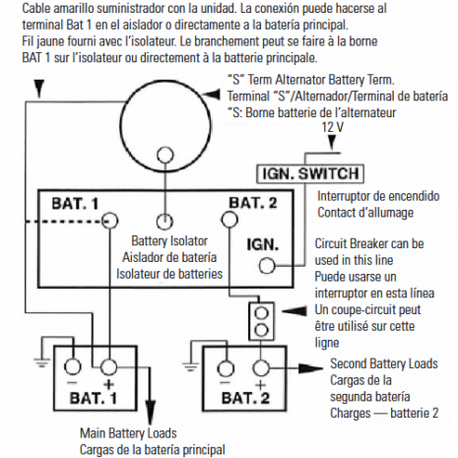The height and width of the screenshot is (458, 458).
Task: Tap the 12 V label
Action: (334, 128)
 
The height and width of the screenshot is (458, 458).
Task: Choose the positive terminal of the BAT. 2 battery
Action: (261, 369)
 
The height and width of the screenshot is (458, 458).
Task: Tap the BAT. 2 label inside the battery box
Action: (245, 400)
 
